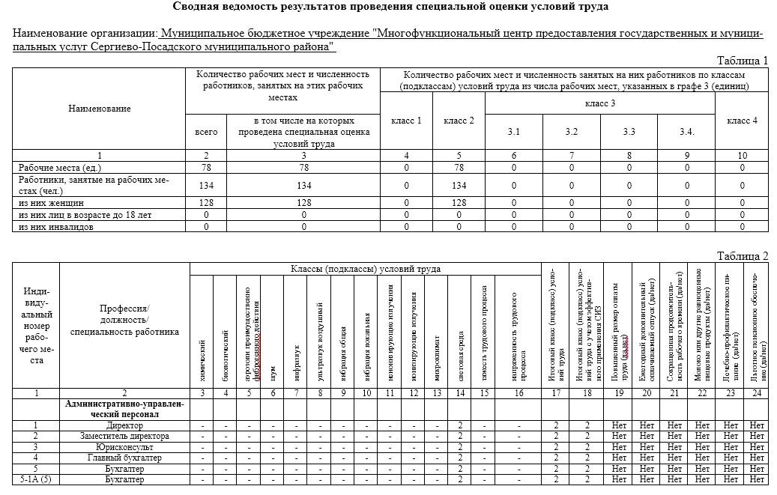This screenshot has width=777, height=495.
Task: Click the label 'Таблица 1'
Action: (743, 61)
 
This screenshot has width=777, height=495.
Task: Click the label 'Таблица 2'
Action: (743, 256)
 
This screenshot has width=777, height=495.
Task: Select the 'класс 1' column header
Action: (406, 121)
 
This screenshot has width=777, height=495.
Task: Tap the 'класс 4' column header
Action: (742, 121)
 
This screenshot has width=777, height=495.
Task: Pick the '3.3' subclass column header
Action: (629, 132)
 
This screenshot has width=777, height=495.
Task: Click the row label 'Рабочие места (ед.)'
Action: (55, 168)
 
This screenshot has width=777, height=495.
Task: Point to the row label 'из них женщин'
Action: (48, 203)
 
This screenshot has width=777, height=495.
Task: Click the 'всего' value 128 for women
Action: (206, 203)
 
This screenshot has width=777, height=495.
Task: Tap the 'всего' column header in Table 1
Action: (206, 132)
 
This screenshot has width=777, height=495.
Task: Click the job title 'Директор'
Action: (124, 425)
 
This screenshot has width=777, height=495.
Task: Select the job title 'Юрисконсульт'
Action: (124, 446)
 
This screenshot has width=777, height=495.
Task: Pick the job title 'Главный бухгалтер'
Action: (124, 458)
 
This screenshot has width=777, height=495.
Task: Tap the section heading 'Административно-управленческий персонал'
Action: (124, 409)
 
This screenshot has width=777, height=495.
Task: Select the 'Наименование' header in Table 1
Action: (99, 109)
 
